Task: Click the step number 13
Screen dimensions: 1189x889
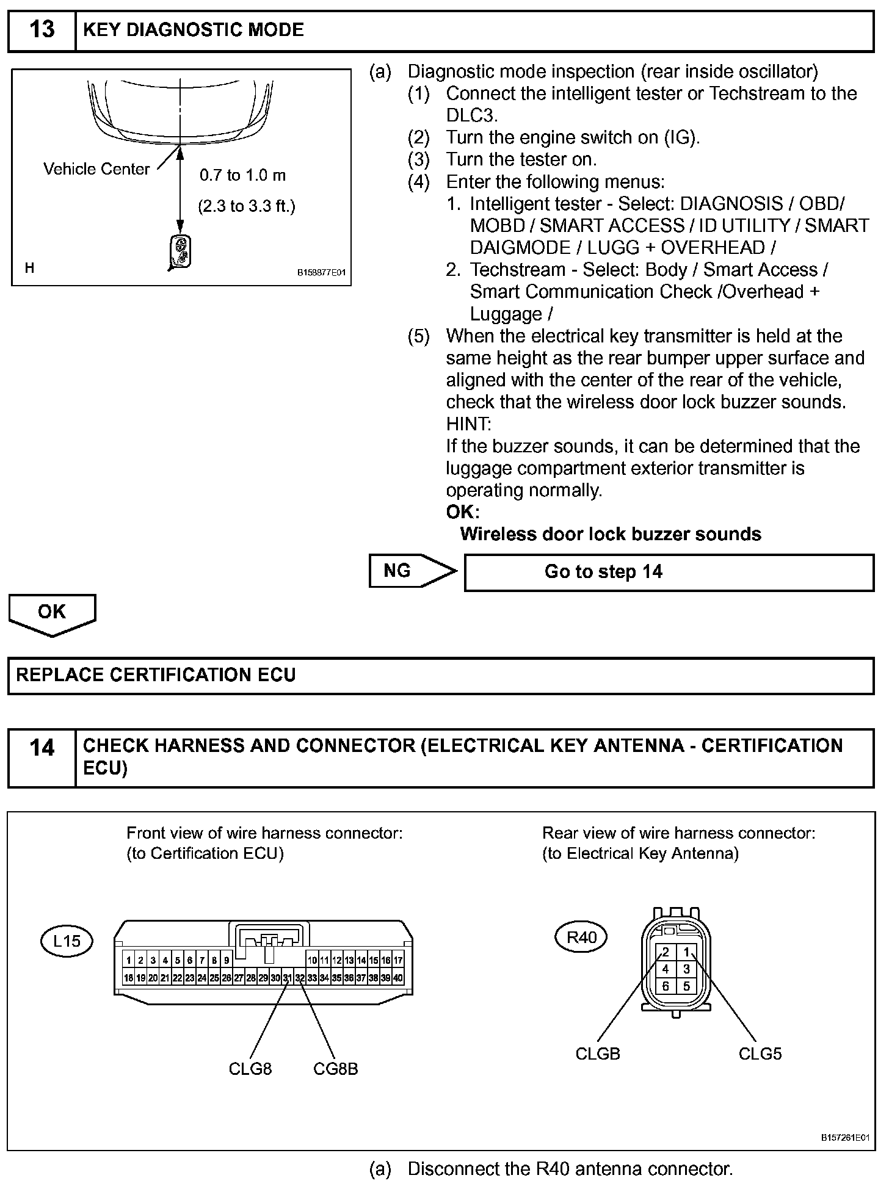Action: pos(42,30)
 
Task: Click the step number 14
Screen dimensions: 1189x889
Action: pos(42,747)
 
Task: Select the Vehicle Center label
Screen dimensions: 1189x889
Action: pos(96,169)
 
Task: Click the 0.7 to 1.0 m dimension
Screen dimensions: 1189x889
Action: pos(242,176)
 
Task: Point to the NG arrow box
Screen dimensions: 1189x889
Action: pos(412,571)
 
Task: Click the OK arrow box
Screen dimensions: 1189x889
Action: pos(52,613)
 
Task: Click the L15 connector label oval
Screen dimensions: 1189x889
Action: pos(67,941)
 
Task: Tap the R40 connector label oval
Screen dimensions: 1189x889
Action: pos(581,937)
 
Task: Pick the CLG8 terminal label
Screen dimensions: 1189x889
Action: pos(250,1069)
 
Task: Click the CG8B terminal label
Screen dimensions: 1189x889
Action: pos(335,1069)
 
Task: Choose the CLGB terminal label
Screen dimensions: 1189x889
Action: pos(598,1053)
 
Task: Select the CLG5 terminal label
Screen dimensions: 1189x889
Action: pos(760,1053)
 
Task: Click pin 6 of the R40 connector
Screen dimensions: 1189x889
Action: pos(666,986)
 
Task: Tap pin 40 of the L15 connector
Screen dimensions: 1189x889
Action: pos(398,978)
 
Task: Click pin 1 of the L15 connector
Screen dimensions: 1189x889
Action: pos(129,961)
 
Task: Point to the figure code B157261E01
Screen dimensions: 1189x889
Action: pos(844,1138)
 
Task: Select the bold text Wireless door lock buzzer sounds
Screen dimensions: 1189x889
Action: pos(611,534)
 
